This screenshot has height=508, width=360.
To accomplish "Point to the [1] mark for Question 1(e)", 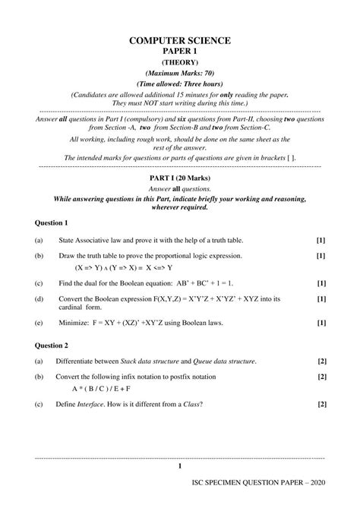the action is [x=321, y=322].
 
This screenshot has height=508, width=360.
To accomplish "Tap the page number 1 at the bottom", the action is [x=179, y=466].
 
